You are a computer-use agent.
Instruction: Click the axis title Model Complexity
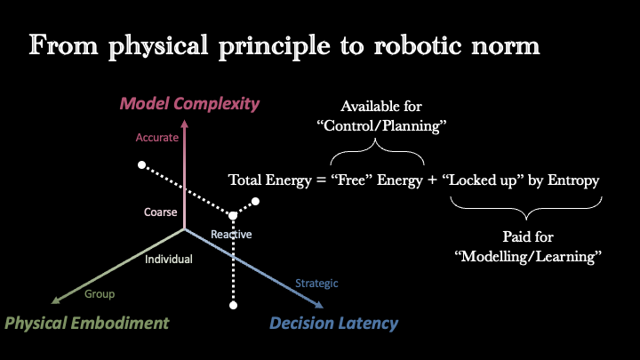189,104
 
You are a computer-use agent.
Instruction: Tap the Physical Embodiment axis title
86,323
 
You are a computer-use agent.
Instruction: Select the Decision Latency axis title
333,324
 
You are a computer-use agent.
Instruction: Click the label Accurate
156,138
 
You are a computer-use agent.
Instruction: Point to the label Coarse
160,212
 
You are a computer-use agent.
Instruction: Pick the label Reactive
231,235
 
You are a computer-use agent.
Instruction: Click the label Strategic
316,284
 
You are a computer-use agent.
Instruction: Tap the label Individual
169,260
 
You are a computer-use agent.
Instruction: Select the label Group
100,294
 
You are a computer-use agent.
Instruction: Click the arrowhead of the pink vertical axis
185,124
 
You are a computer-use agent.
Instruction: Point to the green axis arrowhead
55,300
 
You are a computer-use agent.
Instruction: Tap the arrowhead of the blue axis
319,305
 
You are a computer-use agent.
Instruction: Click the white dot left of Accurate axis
141,165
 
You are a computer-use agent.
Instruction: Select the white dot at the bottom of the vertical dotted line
233,305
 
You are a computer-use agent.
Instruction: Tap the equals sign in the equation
322,180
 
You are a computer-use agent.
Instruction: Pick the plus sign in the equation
432,180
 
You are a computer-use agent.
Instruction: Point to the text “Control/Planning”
381,125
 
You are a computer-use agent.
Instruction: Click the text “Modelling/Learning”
528,256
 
